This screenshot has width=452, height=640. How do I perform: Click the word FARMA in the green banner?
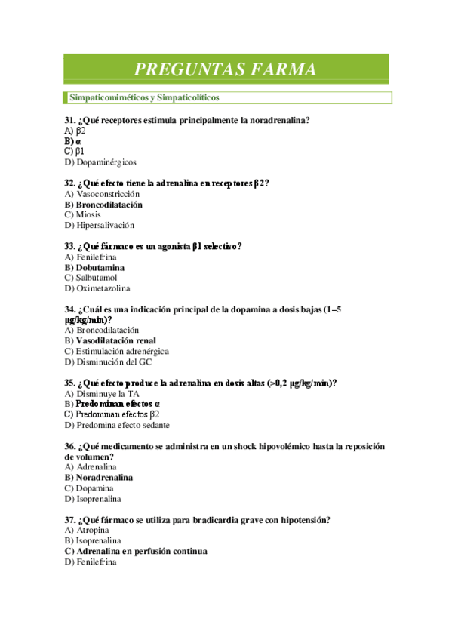click(276, 70)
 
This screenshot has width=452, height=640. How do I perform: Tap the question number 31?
click(69, 121)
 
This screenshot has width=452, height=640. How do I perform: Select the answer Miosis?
click(88, 214)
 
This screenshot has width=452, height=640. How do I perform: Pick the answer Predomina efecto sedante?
click(122, 424)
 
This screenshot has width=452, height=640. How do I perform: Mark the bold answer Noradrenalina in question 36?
click(104, 477)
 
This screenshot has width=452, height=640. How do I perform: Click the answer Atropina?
click(93, 530)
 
